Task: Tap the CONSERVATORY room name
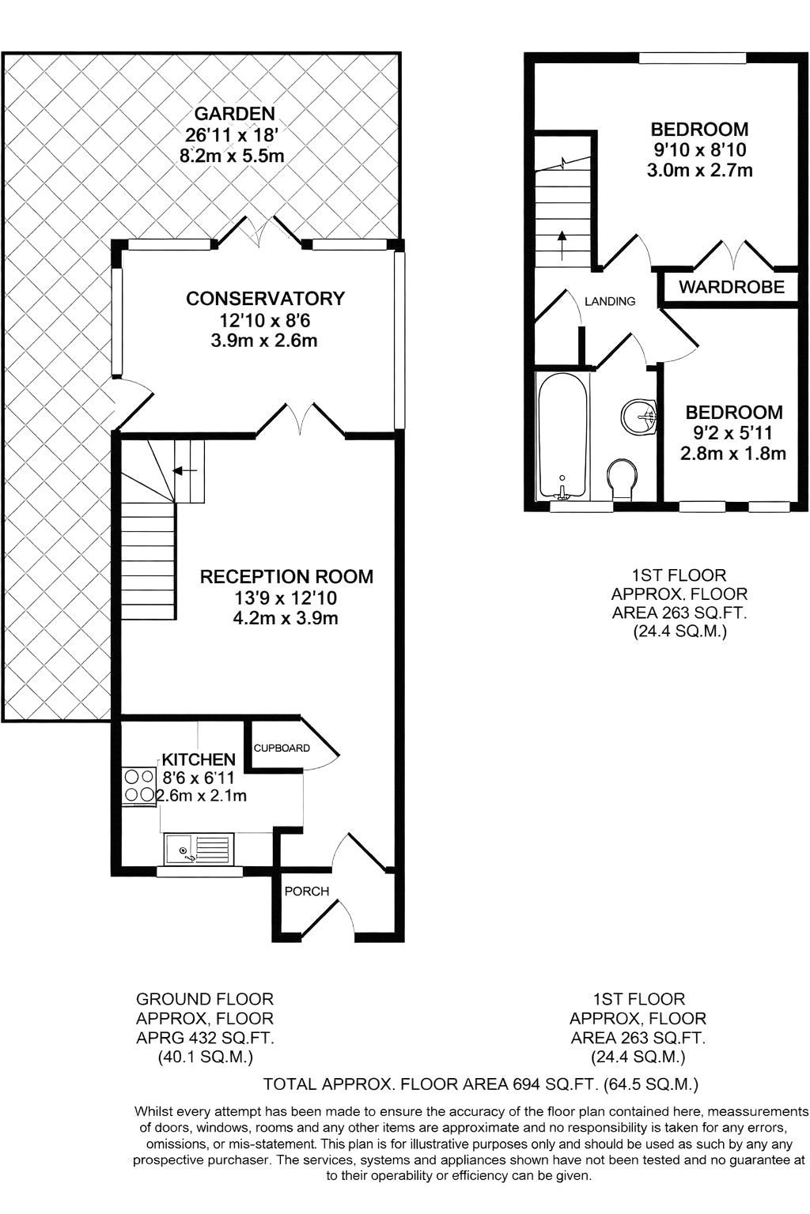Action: point(265,299)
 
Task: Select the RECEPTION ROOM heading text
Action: point(286,577)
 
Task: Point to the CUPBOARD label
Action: point(282,748)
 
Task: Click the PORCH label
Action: point(307,892)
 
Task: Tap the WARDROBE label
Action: point(731,287)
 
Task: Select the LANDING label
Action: point(609,301)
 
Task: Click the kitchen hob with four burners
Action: point(138,786)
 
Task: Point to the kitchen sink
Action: point(197,850)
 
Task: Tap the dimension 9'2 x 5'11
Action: point(733,433)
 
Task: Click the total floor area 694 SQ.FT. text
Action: point(481,1084)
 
